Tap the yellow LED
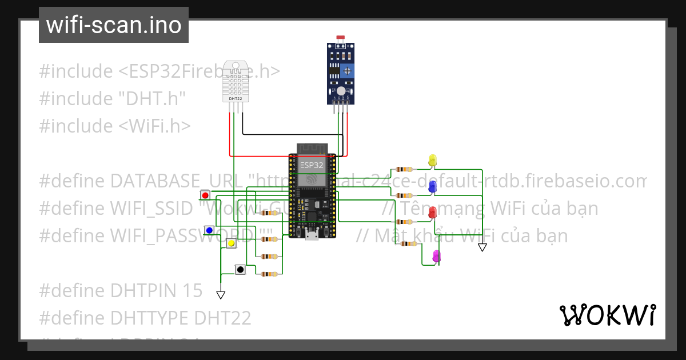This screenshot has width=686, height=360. (x=432, y=161)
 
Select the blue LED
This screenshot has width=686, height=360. (x=432, y=187)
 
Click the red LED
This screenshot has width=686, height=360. (x=432, y=213)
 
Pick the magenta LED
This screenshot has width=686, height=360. (x=436, y=257)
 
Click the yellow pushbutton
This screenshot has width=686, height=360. (x=232, y=243)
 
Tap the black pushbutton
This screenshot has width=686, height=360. (x=240, y=269)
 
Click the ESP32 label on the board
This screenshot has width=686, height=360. (x=312, y=165)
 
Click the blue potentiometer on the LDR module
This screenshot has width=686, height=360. (x=347, y=70)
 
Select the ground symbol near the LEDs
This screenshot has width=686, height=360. (x=482, y=247)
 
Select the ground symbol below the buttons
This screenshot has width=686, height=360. (x=221, y=295)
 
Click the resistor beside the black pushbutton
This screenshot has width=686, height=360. (x=269, y=274)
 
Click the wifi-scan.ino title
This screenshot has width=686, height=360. (x=114, y=25)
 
